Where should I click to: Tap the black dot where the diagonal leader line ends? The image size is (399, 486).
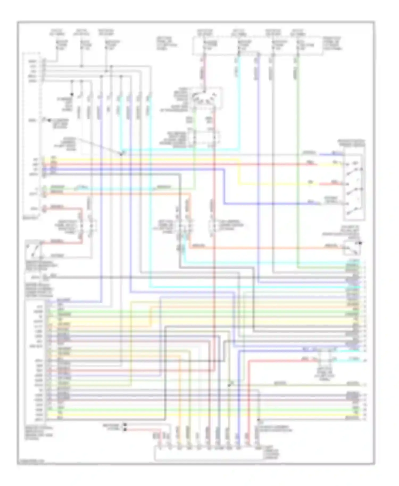tap(121, 154)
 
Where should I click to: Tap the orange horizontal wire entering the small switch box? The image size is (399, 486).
tap(266, 249)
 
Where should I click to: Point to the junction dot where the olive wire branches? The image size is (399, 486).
tap(229, 385)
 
